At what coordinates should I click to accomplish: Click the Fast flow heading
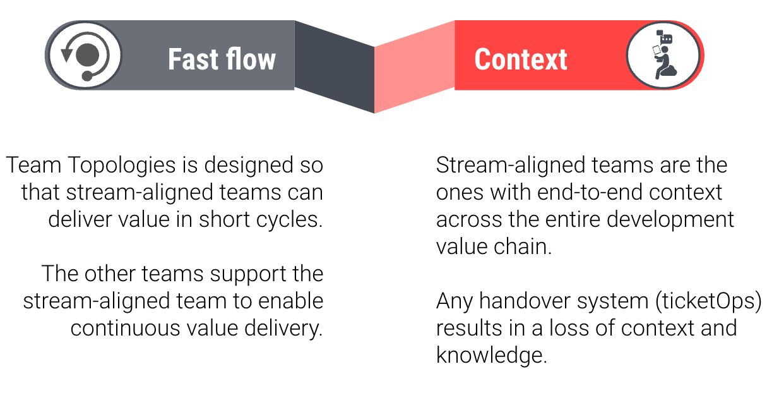(222, 59)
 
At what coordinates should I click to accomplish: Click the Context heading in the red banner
(520, 59)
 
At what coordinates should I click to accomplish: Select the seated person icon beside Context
(663, 56)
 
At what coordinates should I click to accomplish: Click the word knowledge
(491, 355)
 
